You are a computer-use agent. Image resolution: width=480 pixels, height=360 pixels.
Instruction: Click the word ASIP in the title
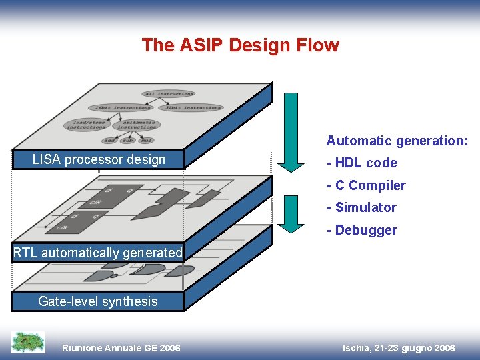click(202, 45)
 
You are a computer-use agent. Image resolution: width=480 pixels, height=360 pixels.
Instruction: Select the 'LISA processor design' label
click(99, 159)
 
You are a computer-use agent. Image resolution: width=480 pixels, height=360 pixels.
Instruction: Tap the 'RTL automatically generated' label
click(98, 253)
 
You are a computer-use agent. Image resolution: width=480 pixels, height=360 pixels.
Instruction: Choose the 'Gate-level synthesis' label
click(98, 301)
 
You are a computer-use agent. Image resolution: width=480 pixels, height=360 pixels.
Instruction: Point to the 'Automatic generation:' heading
click(397, 141)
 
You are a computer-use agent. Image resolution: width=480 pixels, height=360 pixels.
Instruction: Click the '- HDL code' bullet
click(361, 163)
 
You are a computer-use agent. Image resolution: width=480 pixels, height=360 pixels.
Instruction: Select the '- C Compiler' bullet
click(366, 185)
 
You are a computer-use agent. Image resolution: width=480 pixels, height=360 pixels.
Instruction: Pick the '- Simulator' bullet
click(361, 207)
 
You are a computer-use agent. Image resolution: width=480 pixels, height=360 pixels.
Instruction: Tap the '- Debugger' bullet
click(361, 230)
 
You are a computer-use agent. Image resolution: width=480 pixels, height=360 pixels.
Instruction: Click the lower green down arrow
click(291, 213)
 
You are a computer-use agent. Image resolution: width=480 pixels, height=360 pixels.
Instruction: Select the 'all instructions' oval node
click(168, 94)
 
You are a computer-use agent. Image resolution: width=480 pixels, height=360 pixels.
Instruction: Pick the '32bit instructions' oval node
click(193, 107)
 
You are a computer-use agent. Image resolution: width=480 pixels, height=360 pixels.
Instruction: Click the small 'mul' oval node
click(146, 141)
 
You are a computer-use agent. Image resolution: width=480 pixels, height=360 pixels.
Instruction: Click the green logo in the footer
click(28, 342)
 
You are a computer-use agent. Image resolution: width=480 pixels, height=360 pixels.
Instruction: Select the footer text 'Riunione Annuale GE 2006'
click(121, 348)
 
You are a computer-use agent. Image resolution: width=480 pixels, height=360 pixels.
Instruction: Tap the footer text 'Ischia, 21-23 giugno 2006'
click(399, 348)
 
